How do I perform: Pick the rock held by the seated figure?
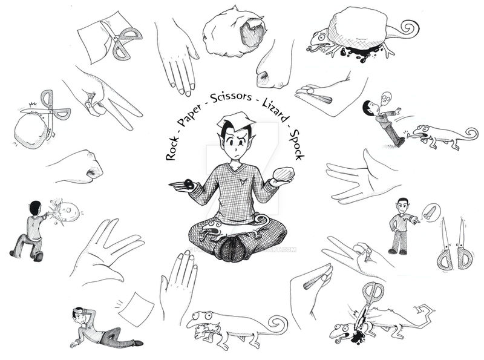[x=284, y=174]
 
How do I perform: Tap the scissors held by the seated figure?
[x=182, y=185]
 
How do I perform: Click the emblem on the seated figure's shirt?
[x=244, y=177]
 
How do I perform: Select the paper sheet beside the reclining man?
[x=136, y=309]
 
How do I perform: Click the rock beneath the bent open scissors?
[x=30, y=131]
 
